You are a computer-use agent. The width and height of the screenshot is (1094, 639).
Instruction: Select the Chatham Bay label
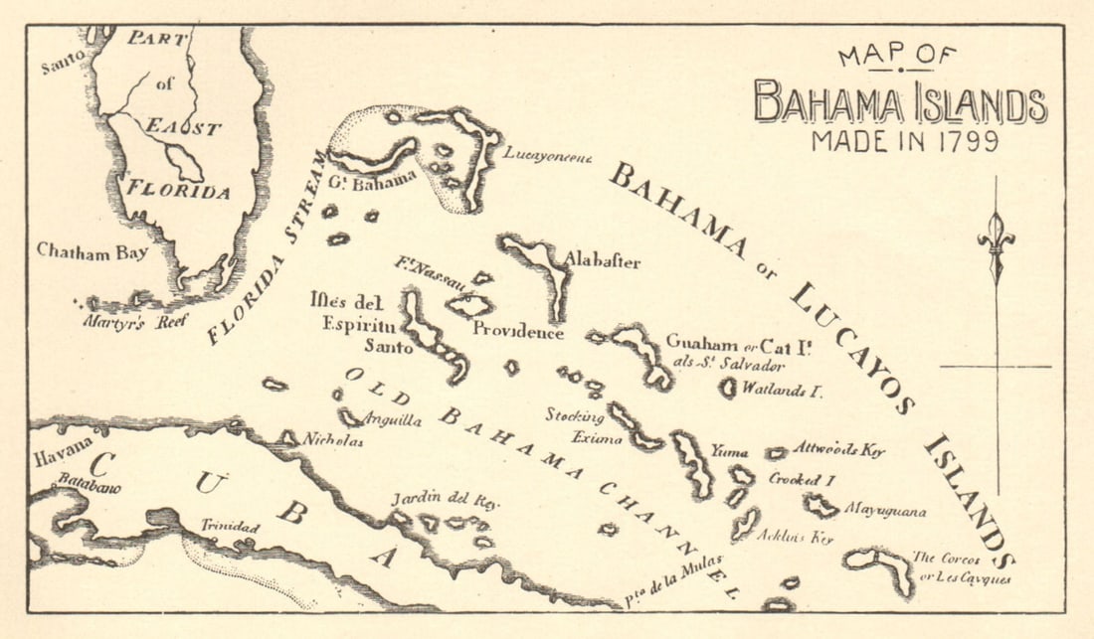(92, 251)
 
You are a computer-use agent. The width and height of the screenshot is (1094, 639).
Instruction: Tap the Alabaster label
(603, 261)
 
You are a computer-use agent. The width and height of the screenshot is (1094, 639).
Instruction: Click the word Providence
(517, 332)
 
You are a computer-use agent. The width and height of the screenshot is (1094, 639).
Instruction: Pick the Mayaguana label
(885, 511)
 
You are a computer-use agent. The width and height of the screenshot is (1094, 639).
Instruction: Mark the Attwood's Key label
(838, 449)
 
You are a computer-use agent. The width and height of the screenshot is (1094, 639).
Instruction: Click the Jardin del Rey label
(431, 497)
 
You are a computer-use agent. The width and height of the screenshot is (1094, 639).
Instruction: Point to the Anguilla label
(394, 420)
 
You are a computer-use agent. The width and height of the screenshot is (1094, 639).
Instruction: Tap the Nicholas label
(333, 440)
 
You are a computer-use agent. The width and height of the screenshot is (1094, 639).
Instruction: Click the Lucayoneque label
(547, 153)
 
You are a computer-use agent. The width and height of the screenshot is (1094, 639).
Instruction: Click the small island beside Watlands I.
(728, 388)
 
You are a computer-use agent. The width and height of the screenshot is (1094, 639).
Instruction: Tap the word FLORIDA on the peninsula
(178, 190)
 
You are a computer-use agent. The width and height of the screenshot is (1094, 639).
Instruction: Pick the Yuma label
(731, 451)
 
